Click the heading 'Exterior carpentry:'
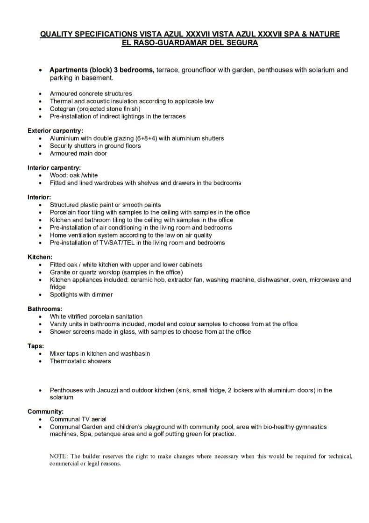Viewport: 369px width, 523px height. coord(55,131)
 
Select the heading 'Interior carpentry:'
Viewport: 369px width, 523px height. coord(54,168)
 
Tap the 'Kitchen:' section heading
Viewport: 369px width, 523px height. coord(40,258)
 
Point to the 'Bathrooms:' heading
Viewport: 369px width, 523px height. coord(45,309)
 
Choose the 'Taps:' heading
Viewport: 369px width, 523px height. coord(36,346)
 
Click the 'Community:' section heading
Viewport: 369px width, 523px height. coord(46,412)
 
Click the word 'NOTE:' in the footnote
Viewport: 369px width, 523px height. coord(59,456)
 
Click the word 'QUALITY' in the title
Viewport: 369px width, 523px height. coord(57,35)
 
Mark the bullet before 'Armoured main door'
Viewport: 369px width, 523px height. coord(41,154)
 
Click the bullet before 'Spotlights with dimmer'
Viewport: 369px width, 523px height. coord(41,295)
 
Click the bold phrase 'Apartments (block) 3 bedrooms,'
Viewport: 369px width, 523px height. coord(102,70)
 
